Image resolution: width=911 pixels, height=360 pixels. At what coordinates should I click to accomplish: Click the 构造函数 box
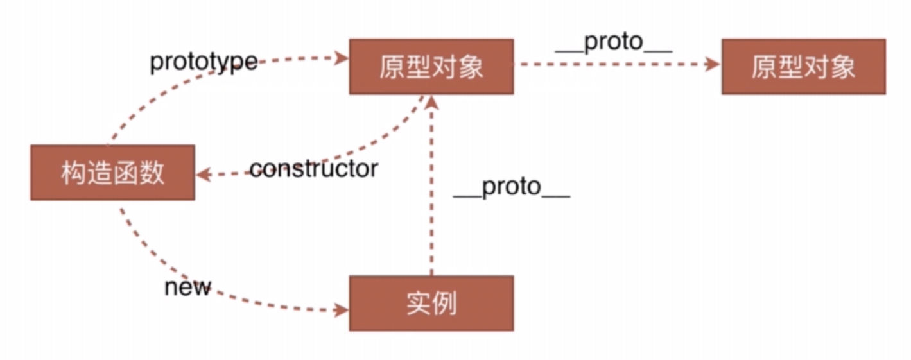[112, 173]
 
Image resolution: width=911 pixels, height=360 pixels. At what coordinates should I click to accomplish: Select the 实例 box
[431, 304]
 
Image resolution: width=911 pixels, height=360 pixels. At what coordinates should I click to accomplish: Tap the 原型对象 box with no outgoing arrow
[803, 67]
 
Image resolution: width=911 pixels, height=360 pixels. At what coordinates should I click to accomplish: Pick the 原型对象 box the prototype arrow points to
[431, 67]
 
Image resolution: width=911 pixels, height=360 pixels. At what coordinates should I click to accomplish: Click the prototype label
[204, 62]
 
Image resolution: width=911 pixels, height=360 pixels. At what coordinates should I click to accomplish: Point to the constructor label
[313, 169]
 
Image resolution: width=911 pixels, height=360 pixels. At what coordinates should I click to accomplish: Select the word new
[187, 287]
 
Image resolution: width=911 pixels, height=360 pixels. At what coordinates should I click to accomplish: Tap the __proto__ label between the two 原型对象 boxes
[613, 42]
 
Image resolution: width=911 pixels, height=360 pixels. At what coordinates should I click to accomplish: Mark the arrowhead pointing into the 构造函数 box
[202, 174]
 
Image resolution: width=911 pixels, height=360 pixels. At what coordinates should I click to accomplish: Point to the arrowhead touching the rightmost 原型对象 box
[713, 64]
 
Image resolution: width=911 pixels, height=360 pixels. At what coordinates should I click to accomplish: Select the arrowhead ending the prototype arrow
[341, 58]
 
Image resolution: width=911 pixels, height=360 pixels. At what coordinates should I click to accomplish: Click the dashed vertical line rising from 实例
[431, 193]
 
